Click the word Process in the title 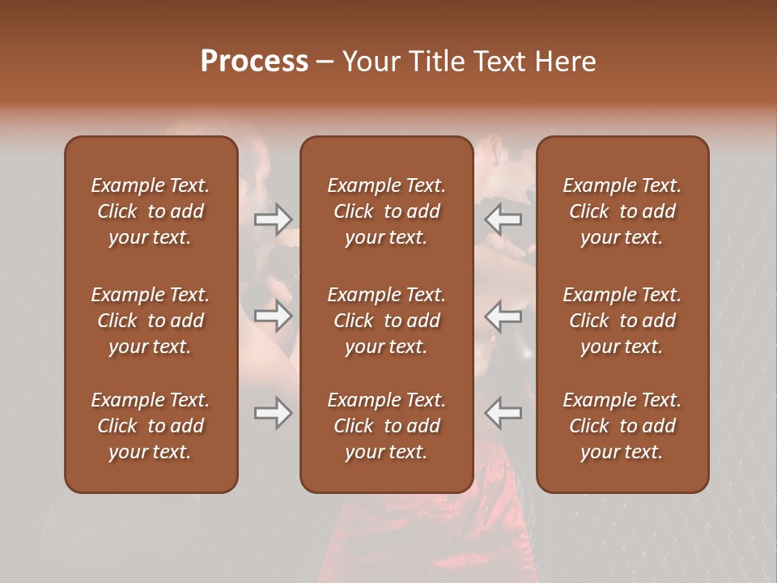[x=254, y=62]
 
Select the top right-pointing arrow [x=273, y=219]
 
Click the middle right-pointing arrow [x=273, y=316]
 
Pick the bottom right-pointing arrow [x=273, y=413]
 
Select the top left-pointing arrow [x=503, y=219]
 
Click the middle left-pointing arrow [x=503, y=316]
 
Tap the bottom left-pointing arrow [x=503, y=413]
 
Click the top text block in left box [x=151, y=211]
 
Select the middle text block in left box [x=151, y=321]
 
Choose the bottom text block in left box [x=151, y=426]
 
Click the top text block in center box [x=386, y=211]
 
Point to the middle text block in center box [x=386, y=321]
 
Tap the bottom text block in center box [x=386, y=426]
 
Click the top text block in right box [x=622, y=211]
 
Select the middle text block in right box [x=622, y=321]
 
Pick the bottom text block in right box [x=622, y=426]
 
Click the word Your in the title [x=368, y=62]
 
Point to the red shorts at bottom [x=380, y=534]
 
